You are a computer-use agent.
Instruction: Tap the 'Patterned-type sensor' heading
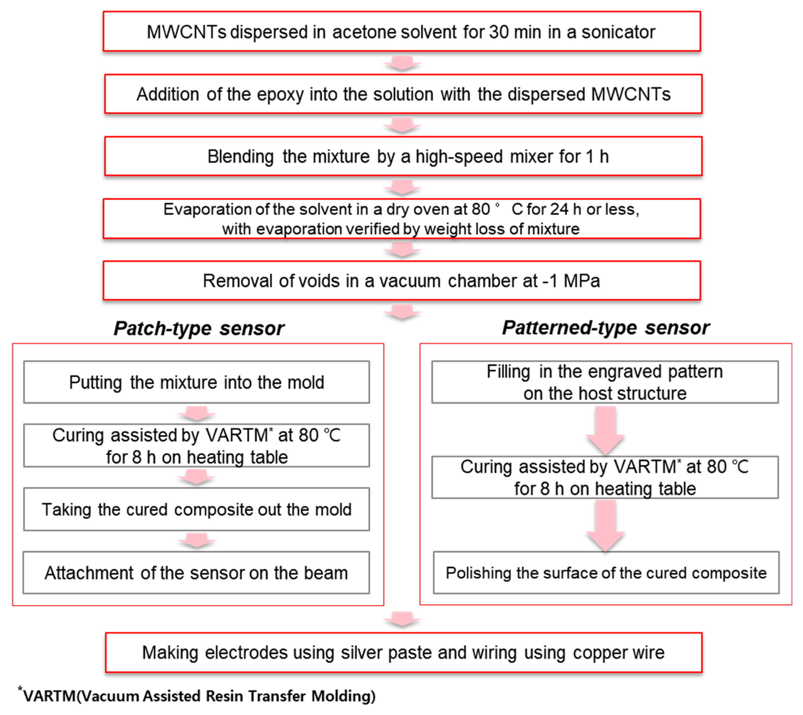[x=605, y=327]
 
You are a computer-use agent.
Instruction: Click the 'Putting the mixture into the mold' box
[x=196, y=382]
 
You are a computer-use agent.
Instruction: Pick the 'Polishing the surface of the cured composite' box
[x=606, y=573]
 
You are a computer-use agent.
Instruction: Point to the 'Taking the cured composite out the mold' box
[x=196, y=509]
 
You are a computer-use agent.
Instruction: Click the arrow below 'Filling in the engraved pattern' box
[x=605, y=430]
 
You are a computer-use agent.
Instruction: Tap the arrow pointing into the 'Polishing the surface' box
[x=605, y=526]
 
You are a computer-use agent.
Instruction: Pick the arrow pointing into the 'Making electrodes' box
[x=402, y=619]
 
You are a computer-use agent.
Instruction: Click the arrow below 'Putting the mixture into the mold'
[x=196, y=413]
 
